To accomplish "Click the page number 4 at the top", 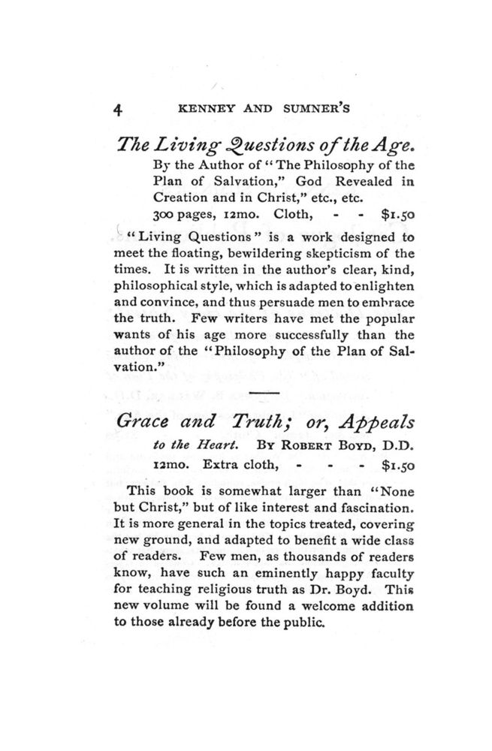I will click(x=118, y=108).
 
